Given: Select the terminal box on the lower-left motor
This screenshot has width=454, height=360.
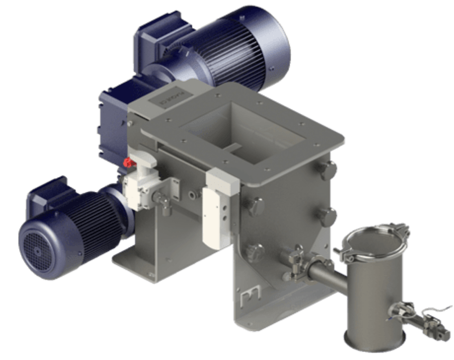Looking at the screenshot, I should [48, 193].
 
